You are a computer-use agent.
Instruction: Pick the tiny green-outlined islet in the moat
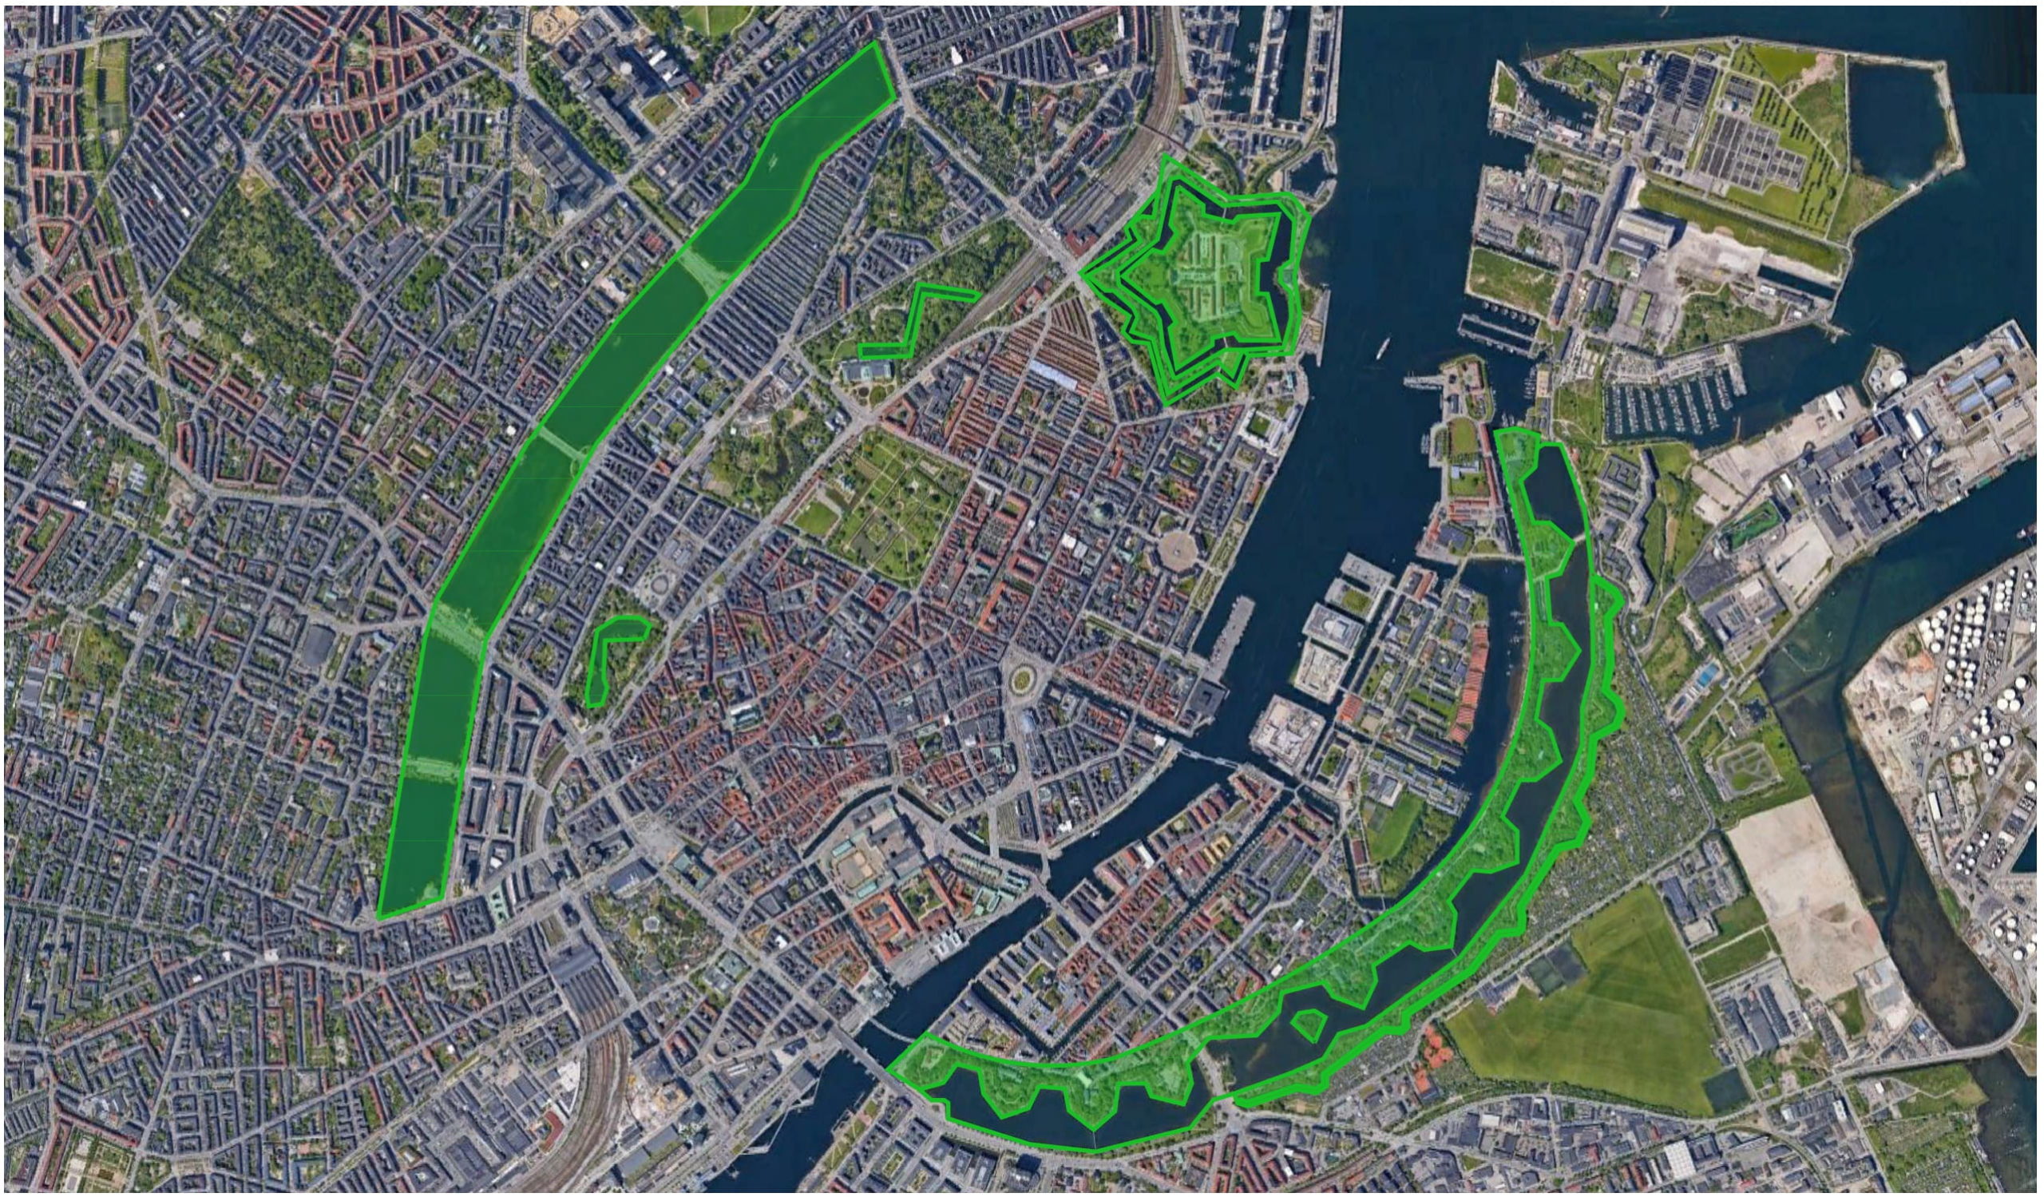tap(1308, 1024)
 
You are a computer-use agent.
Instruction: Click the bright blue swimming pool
tap(1706, 673)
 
